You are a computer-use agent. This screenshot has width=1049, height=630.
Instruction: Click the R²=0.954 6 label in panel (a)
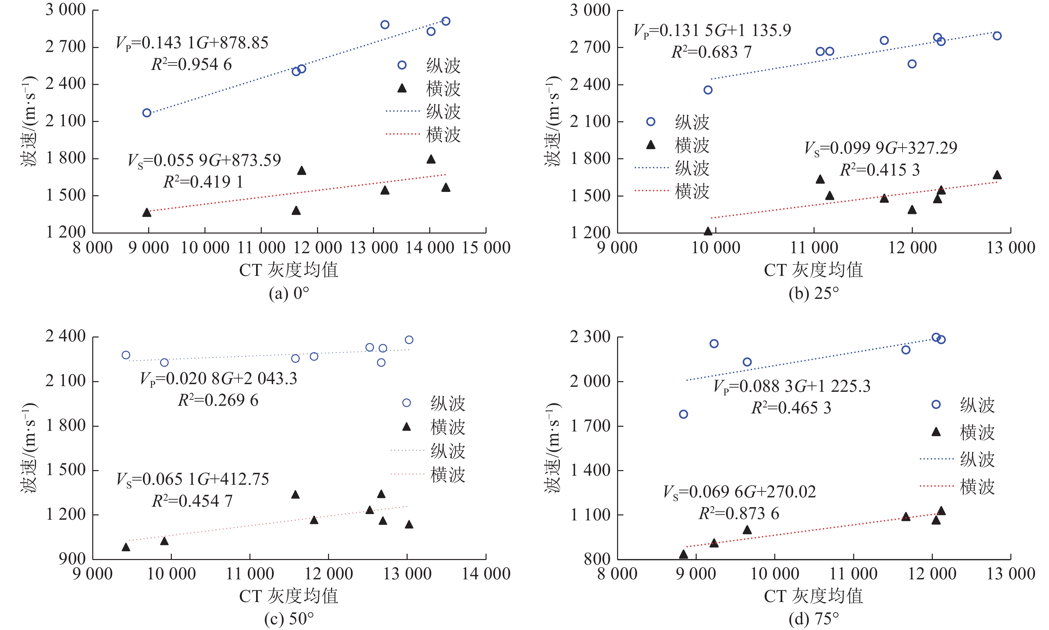pos(191,65)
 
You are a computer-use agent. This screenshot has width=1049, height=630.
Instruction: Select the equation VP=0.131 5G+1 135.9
pos(712,31)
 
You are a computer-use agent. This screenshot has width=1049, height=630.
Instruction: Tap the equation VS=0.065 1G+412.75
pos(193,479)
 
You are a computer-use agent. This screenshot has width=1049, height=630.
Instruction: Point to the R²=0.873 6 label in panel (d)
pos(739,514)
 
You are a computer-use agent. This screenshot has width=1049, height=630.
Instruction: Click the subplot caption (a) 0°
pos(289,294)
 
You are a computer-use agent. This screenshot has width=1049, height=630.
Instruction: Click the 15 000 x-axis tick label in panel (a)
pos(486,248)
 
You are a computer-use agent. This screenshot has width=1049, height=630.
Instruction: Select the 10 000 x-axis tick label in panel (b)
pos(716,248)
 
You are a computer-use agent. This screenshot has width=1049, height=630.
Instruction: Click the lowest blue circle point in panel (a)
pos(147,113)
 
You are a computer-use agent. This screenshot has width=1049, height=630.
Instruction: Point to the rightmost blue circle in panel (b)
pos(997,36)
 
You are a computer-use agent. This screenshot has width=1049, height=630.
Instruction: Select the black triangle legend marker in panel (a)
pos(402,88)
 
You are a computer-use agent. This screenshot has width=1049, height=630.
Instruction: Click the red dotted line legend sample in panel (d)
pos(936,486)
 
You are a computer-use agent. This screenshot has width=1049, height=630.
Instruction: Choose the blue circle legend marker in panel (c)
pos(407,403)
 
